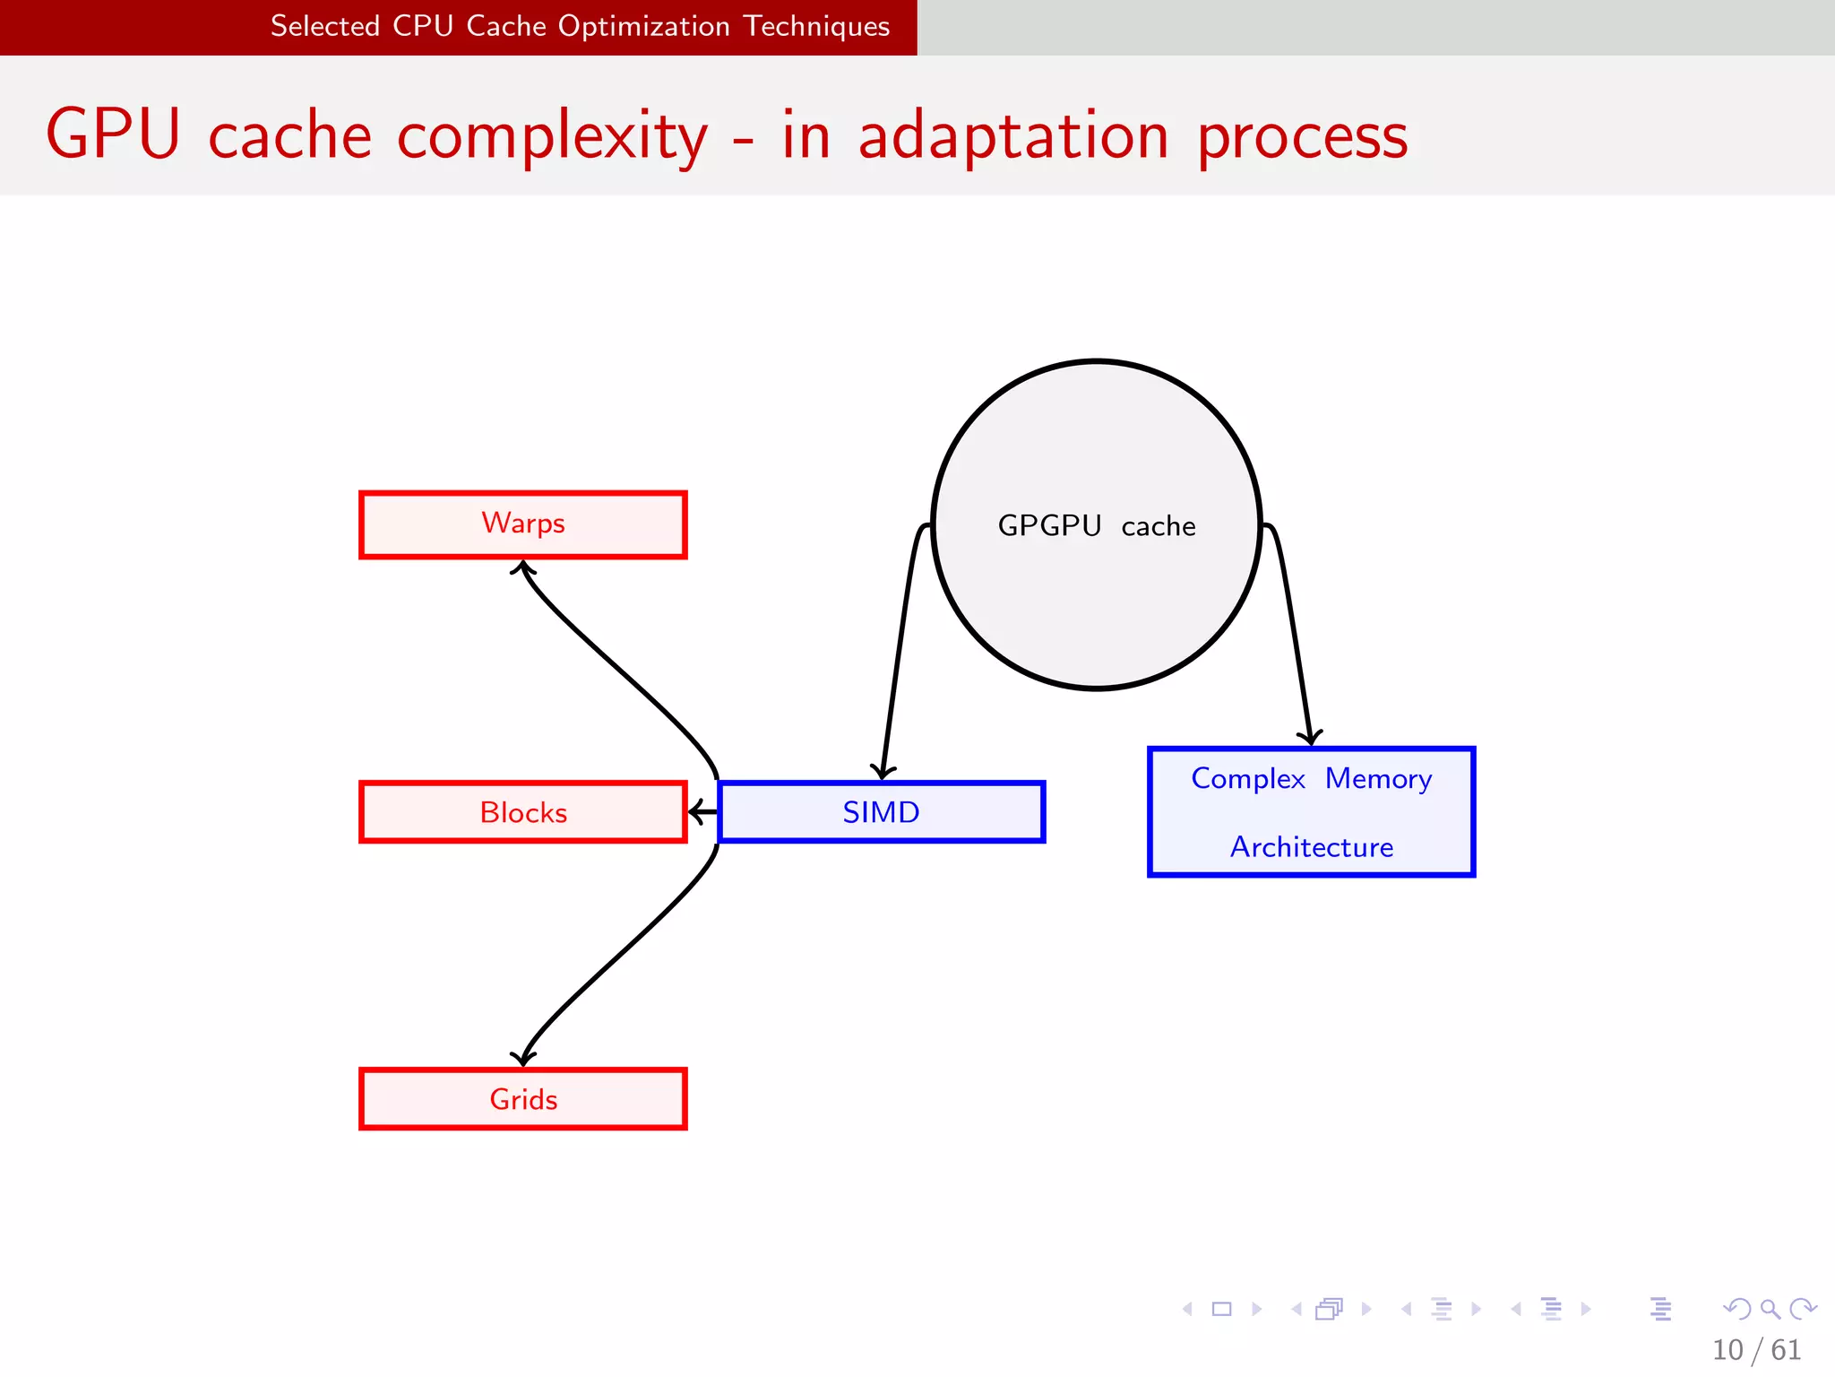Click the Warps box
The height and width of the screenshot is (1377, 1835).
pos(523,524)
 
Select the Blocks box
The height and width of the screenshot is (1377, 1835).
pos(523,812)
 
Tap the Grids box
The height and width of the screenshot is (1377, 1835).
pos(523,1099)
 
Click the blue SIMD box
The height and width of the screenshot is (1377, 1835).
pos(882,812)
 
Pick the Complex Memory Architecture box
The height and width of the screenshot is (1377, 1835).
pos(1311,812)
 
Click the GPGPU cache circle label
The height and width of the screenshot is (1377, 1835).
pos(1097,525)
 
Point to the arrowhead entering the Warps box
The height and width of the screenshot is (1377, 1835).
pos(523,567)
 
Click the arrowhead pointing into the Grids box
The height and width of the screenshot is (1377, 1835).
pos(523,1058)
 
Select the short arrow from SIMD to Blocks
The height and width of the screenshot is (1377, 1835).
pos(703,812)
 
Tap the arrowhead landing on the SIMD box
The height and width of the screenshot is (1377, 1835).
pos(883,771)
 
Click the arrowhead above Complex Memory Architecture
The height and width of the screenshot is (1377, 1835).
pos(1310,737)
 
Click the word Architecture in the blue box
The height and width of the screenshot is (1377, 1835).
pos(1311,846)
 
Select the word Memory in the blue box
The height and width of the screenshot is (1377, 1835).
pos(1378,778)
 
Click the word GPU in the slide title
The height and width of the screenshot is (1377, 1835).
pos(113,134)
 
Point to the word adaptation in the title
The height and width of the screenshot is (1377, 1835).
pos(1012,134)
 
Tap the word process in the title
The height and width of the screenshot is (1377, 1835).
pos(1302,136)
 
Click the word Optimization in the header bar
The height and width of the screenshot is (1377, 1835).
pos(643,26)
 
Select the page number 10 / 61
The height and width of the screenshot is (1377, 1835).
pos(1756,1349)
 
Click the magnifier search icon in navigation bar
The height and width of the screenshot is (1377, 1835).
pos(1770,1309)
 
